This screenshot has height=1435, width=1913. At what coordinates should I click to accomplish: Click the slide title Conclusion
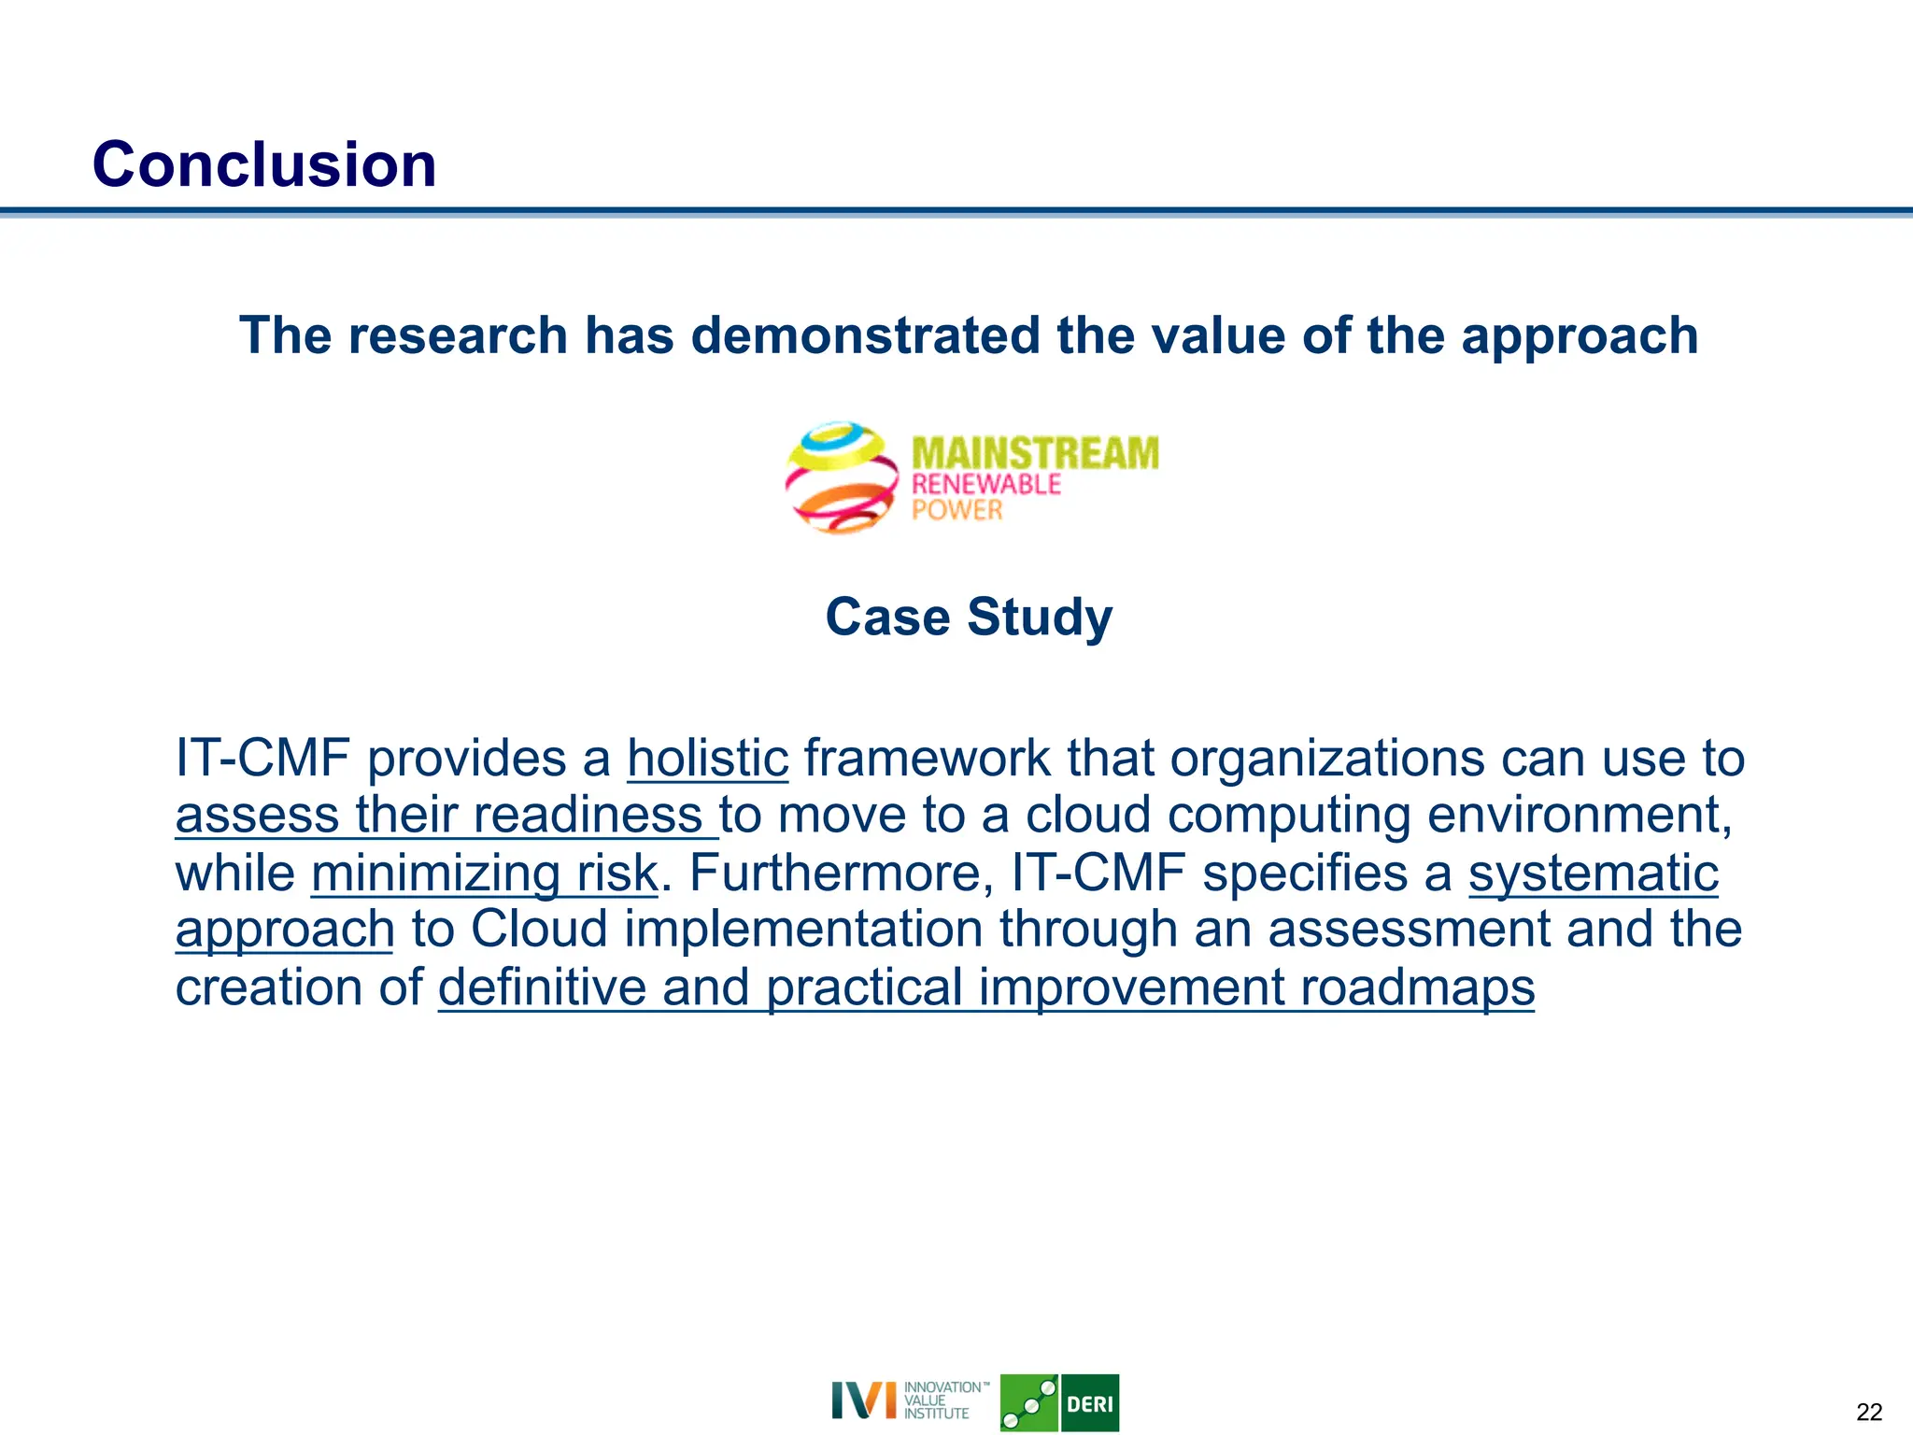coord(264,164)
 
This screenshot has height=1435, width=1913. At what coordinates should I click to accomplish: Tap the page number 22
coord(1869,1412)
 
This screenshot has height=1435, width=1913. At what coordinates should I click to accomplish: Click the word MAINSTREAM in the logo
coord(1034,453)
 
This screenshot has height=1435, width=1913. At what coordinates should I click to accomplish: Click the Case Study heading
coord(969,618)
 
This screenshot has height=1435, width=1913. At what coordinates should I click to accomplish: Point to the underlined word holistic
coord(707,758)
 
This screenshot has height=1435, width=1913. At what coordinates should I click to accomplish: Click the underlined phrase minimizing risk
coord(484,874)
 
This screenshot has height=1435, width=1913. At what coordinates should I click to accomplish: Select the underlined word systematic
coord(1593,874)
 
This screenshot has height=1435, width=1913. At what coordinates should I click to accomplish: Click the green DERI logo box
coord(1089,1403)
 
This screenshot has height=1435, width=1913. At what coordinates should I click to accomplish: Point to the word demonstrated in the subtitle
coord(865,335)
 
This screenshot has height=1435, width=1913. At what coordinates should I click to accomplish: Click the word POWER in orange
coord(956,510)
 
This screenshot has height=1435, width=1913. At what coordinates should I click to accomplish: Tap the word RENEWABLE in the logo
coord(985,484)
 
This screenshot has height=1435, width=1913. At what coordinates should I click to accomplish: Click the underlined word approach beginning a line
coord(285,931)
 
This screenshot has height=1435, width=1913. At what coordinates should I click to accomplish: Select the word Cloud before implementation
coord(538,931)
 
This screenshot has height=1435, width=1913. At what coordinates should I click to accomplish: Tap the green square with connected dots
coord(1028,1403)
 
